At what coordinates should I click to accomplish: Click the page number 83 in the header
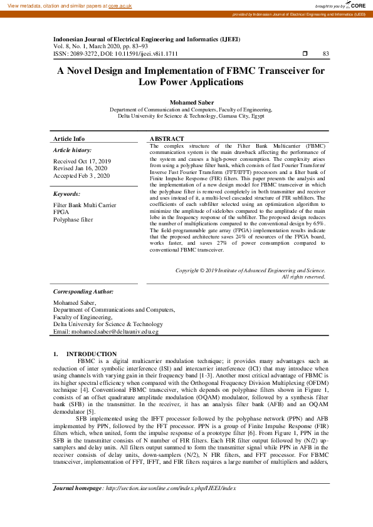[325, 54]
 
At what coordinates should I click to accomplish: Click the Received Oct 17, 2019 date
[81, 161]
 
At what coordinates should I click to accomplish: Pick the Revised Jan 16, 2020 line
[80, 168]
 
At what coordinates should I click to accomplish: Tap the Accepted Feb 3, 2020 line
[81, 176]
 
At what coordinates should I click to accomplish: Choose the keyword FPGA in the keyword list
[61, 212]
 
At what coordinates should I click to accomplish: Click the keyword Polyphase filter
[74, 220]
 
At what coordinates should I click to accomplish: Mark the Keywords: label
[67, 194]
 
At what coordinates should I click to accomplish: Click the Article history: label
[72, 150]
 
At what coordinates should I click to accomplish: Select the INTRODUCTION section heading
[91, 354]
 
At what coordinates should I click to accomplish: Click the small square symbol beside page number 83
[305, 54]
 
